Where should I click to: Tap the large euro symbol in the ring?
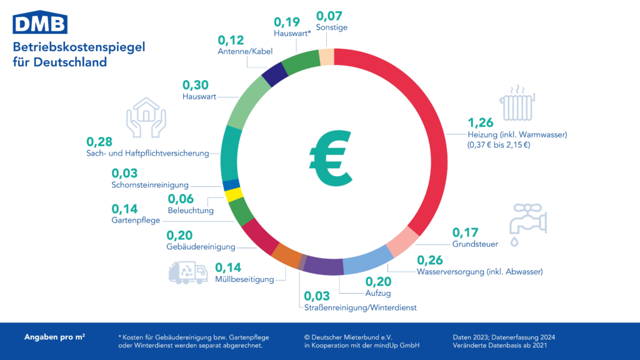(x=330, y=159)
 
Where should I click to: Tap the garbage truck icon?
(x=187, y=272)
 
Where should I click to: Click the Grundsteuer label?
(x=475, y=244)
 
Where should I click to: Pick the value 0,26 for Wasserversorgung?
(x=430, y=259)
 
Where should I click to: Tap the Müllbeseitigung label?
(x=244, y=279)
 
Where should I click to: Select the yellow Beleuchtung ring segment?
(x=229, y=194)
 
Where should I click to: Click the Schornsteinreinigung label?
(x=149, y=185)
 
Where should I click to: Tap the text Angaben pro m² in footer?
(x=55, y=337)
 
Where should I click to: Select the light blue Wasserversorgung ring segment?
(x=365, y=261)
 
